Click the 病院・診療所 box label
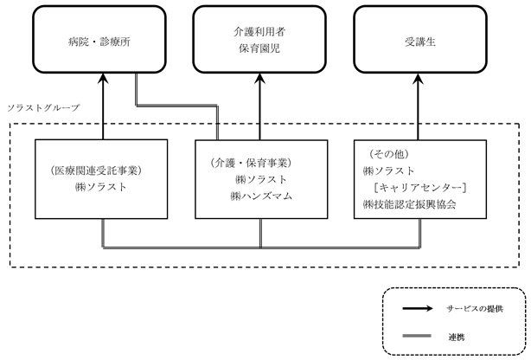point(99,42)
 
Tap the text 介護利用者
point(259,32)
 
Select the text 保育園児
point(259,48)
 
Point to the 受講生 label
point(420,42)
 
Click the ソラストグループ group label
point(43,108)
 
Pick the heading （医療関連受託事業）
point(96,170)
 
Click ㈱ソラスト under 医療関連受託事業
point(101,187)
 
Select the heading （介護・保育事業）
point(252,163)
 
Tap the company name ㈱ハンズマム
point(261,196)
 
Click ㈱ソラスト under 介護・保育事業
point(261,180)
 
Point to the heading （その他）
point(389,154)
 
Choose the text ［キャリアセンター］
point(420,188)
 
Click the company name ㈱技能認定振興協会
point(409,204)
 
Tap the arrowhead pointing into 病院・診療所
point(103,78)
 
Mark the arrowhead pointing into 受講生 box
point(419,78)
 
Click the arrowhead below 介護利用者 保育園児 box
point(260,78)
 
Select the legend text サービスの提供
point(475,308)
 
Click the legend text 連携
point(457,337)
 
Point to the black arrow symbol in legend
point(418,308)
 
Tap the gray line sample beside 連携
point(417,336)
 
